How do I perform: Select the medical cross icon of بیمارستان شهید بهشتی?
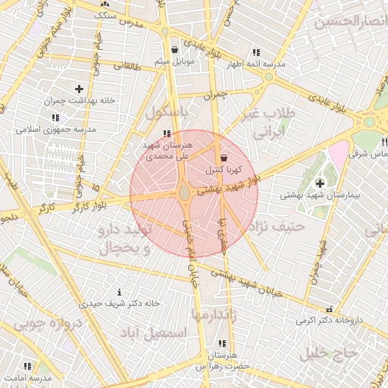tap(319, 183)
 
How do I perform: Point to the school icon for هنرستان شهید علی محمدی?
tap(167, 133)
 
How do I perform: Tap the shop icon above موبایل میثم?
tap(175, 49)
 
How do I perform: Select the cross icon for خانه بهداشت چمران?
tap(79, 89)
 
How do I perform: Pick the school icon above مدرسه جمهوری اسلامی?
tap(55, 117)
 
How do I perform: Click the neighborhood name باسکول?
tap(167, 113)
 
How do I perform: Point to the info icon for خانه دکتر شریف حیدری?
tap(119, 292)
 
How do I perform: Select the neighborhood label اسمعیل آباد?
tap(158, 333)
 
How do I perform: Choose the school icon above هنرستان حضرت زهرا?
tap(221, 343)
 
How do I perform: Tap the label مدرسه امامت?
tap(28, 377)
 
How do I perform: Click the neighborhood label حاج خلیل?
tap(328, 352)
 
